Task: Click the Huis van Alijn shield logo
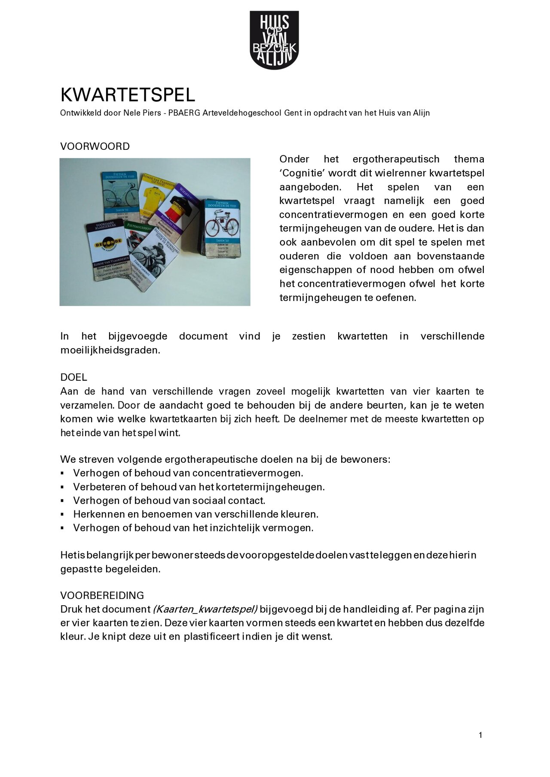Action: pos(274,39)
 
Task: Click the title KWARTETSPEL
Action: pos(128,94)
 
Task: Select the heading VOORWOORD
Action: pos(95,146)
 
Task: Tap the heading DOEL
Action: pos(73,377)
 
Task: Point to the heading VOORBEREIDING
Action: pos(102,595)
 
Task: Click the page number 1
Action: pos(480,735)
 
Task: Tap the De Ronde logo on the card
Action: pos(109,243)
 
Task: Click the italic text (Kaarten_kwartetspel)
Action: pos(205,609)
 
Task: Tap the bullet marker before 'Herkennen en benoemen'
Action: pos(63,514)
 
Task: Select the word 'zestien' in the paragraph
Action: pos(309,336)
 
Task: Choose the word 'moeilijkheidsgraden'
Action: pos(110,350)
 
